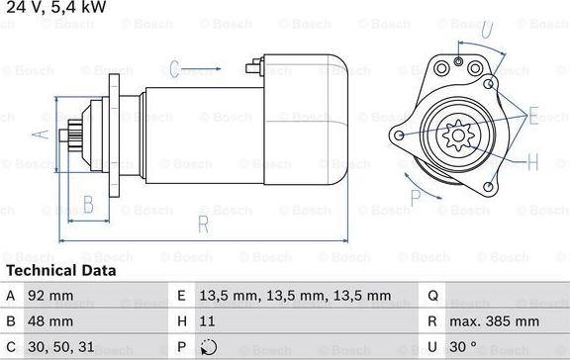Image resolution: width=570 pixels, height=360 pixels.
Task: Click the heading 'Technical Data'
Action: point(61,271)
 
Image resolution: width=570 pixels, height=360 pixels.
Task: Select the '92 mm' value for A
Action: point(50,296)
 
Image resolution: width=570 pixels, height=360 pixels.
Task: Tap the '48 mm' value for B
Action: point(50,321)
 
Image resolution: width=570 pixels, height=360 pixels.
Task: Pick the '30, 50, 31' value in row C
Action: point(61,347)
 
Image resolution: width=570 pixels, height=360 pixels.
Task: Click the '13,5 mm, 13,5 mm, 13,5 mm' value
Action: point(295,296)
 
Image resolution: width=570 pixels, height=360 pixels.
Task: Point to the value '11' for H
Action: point(207,321)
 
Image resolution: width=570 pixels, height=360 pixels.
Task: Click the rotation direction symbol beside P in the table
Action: point(209,347)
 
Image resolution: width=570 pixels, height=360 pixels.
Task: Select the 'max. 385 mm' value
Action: point(494,321)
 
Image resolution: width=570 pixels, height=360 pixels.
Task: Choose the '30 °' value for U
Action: point(463,347)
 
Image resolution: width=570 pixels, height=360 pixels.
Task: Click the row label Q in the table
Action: point(432,296)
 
